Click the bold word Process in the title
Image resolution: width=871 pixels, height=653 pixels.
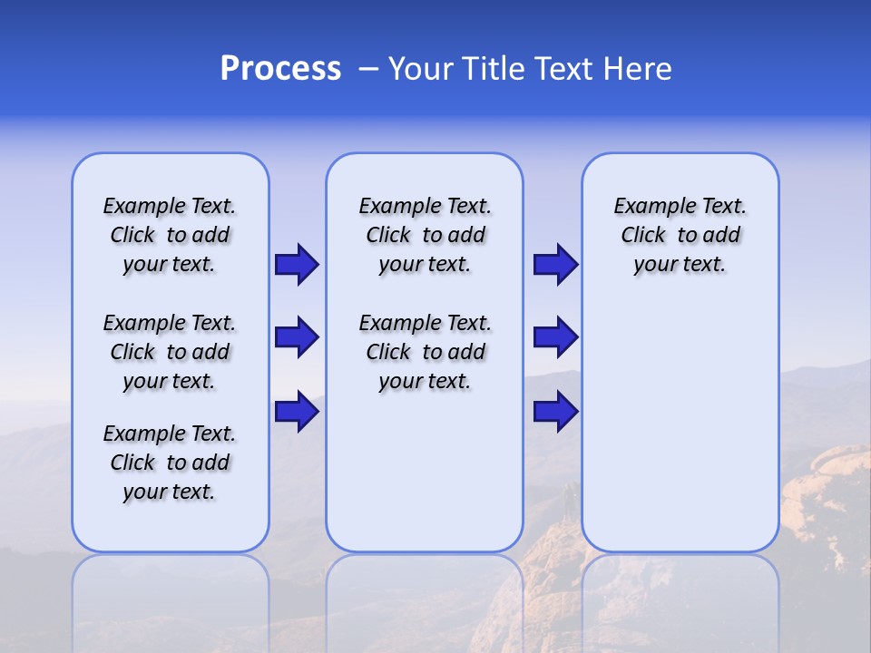pyautogui.click(x=280, y=69)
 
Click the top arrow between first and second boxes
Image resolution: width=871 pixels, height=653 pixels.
pyautogui.click(x=297, y=264)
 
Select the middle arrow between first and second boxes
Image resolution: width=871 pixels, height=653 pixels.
pyautogui.click(x=297, y=337)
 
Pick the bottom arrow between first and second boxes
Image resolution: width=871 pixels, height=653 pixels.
pyautogui.click(x=297, y=411)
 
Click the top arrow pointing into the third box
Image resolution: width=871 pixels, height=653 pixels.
pyautogui.click(x=555, y=264)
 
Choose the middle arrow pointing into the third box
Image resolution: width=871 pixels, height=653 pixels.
pyautogui.click(x=555, y=337)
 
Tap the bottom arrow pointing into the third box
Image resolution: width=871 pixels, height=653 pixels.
pyautogui.click(x=555, y=411)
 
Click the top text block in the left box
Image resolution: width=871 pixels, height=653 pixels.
pyautogui.click(x=170, y=235)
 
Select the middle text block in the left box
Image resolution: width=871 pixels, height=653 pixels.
pyautogui.click(x=170, y=352)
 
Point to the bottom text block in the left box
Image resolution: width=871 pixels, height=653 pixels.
pyautogui.click(x=170, y=463)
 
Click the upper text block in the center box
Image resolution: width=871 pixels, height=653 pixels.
pyautogui.click(x=425, y=235)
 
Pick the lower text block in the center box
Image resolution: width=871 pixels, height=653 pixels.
pyautogui.click(x=425, y=352)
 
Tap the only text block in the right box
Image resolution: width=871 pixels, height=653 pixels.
pyautogui.click(x=680, y=235)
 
